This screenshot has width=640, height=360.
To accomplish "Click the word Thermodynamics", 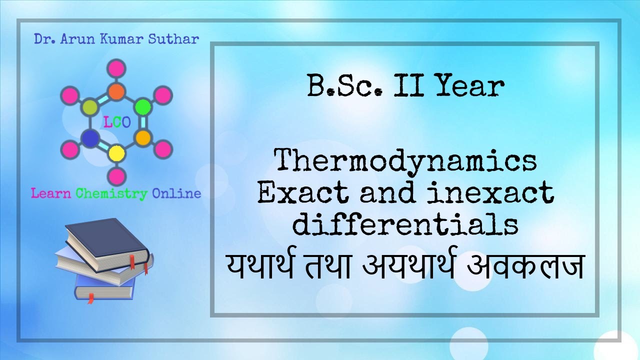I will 406,161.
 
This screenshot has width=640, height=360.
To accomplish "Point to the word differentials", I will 405,224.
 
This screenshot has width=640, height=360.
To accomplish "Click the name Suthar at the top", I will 173,39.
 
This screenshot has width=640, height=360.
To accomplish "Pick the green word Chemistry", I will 111,193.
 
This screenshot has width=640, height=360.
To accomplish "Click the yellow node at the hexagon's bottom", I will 116,152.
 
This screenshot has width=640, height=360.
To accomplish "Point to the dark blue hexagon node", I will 90,138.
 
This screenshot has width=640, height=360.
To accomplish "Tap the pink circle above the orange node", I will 116,68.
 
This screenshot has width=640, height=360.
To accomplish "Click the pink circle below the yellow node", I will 116,175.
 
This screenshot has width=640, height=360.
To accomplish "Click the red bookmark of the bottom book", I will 90,298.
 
